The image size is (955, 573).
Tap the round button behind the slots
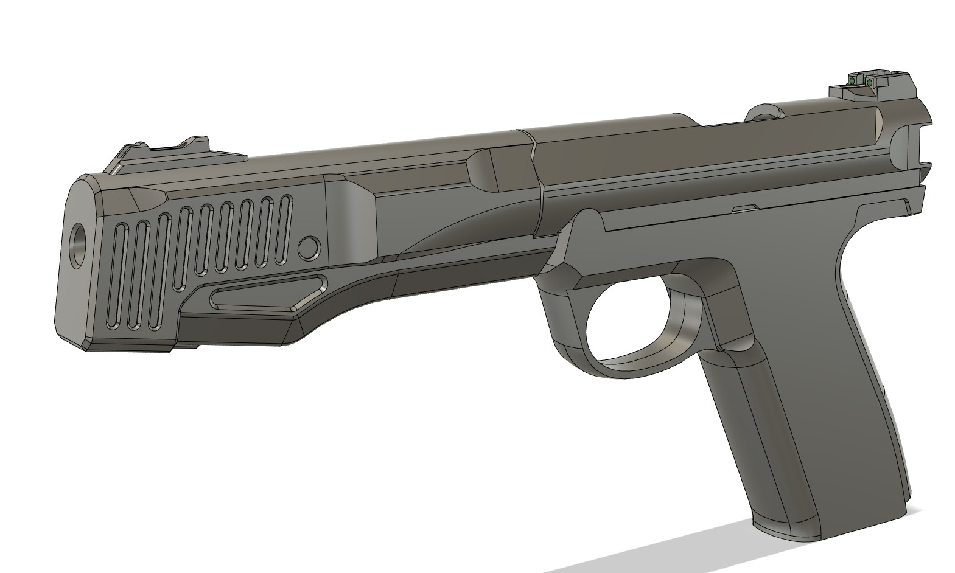click(x=309, y=247)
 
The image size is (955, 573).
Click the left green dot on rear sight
click(x=853, y=81)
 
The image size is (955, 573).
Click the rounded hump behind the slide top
click(x=765, y=113)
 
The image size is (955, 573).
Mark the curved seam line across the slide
click(x=536, y=182)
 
